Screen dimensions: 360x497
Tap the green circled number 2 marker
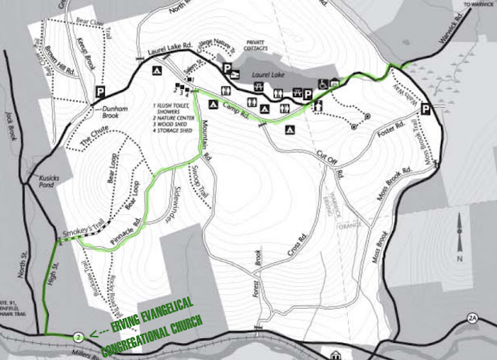click(x=78, y=337)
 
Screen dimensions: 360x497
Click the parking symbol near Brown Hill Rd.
click(x=100, y=92)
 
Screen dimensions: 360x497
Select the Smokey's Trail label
click(x=82, y=227)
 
